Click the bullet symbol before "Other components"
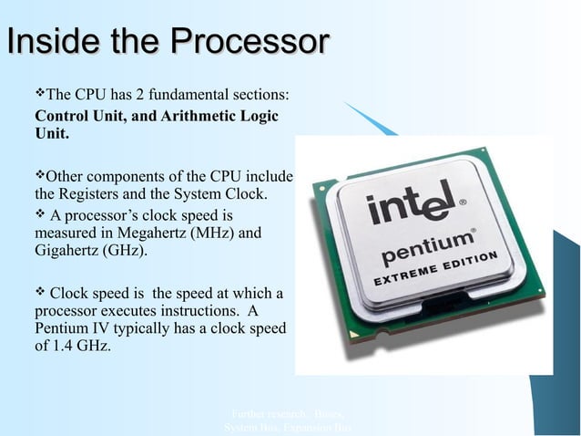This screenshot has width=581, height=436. [39, 175]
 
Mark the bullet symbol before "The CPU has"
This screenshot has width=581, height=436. [39, 94]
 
